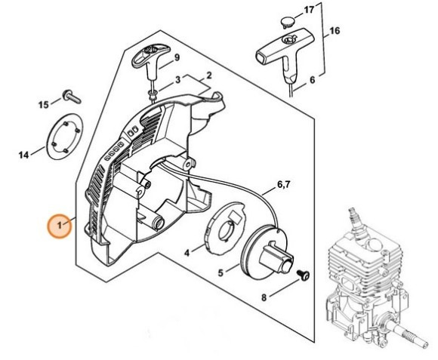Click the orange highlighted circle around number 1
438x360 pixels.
click(59, 225)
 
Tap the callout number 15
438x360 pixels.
click(45, 103)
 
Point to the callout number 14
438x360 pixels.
click(24, 155)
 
